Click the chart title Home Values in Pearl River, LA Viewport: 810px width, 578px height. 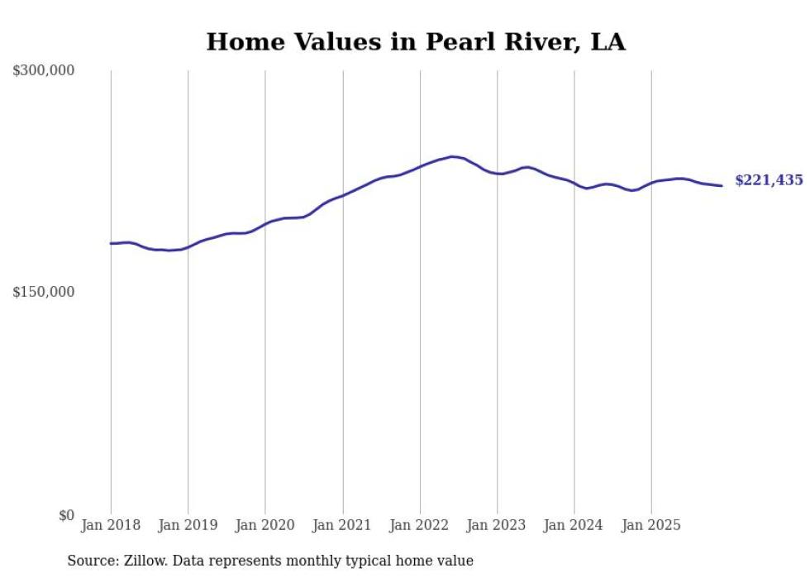(x=416, y=42)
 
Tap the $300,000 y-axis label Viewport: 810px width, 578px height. (x=44, y=71)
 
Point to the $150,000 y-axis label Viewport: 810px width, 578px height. (x=44, y=292)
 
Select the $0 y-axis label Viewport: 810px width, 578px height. (x=66, y=515)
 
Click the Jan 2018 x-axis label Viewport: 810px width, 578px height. (x=111, y=525)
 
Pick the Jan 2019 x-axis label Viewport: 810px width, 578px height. (x=188, y=525)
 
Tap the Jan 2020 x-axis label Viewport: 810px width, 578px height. (x=265, y=525)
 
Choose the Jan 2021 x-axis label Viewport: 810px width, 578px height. (x=342, y=525)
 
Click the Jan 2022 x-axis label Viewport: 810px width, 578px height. (x=420, y=525)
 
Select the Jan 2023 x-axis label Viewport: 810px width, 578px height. (x=497, y=525)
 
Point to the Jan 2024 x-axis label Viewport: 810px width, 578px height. (x=574, y=525)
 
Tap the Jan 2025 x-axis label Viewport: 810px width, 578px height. (x=651, y=525)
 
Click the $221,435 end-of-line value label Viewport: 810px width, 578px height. (x=769, y=180)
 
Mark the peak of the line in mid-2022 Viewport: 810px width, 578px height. (x=452, y=156)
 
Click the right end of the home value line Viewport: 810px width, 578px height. (x=722, y=185)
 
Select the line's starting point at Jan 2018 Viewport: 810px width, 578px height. (x=111, y=243)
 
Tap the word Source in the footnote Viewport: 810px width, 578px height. (x=90, y=561)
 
